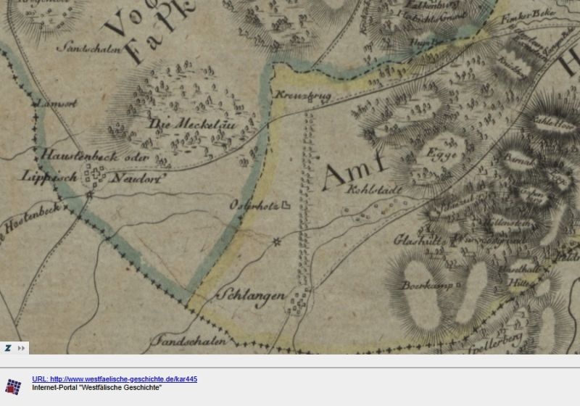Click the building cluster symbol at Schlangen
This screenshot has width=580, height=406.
pyautogui.click(x=297, y=300)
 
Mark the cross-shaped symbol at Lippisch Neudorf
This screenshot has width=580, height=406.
pyautogui.click(x=94, y=175)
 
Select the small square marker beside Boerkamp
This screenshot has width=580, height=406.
pyautogui.click(x=459, y=286)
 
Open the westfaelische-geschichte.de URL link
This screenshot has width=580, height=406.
pyautogui.click(x=115, y=379)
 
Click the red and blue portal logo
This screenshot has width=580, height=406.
pyautogui.click(x=14, y=386)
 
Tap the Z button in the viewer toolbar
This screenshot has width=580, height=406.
pyautogui.click(x=7, y=348)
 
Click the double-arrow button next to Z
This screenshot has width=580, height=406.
pyautogui.click(x=22, y=348)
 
